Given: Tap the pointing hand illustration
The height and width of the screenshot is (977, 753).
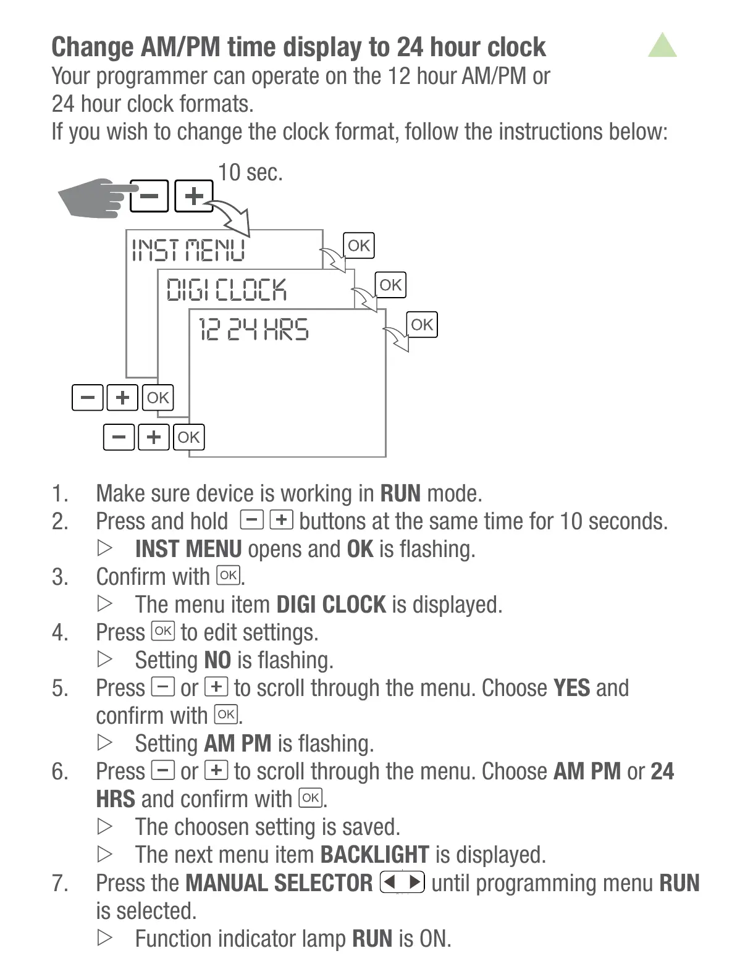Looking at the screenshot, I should coord(96,198).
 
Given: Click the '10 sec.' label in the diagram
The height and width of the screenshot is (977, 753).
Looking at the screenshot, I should coord(250,172).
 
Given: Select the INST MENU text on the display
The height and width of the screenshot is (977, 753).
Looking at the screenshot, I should coord(188,251).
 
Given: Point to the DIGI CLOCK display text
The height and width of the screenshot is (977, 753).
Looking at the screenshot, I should coord(227,290).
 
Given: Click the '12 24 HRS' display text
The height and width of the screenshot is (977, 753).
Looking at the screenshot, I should coord(253,329).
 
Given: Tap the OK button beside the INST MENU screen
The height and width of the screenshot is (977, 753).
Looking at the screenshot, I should coord(358,246).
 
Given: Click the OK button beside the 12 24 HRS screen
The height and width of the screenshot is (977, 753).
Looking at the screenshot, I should coord(422,325).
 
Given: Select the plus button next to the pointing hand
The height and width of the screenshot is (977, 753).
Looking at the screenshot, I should coord(194,196).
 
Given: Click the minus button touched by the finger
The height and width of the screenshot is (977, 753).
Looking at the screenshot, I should coord(149,196).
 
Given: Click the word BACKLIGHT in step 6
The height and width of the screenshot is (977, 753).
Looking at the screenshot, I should coord(374,855).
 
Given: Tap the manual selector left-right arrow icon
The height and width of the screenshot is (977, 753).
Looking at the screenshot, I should coord(402,882).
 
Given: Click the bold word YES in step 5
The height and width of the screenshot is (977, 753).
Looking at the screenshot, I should coord(571,688).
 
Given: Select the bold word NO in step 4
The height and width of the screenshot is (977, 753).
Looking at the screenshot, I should coord(217,660).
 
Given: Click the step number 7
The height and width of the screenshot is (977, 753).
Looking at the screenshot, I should coord(59,883).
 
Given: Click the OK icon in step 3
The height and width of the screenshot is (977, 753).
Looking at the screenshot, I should coord(228,576).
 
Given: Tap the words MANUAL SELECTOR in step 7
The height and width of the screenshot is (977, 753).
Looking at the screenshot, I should coord(279,883).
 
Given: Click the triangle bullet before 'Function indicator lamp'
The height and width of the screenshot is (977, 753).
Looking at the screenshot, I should coord(105,937).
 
